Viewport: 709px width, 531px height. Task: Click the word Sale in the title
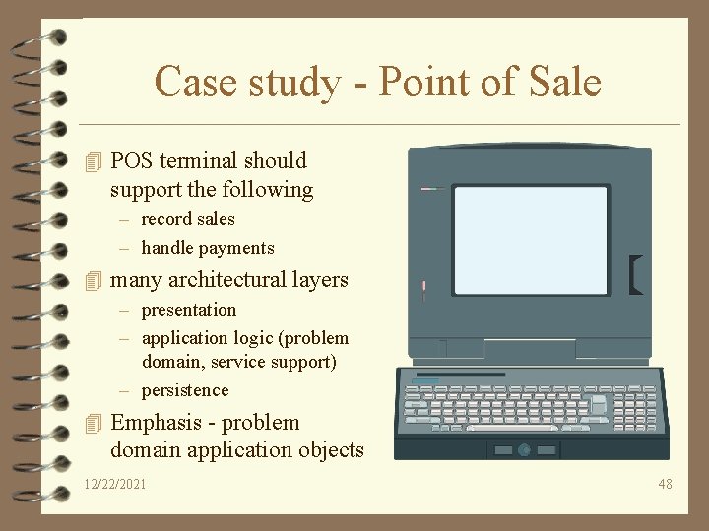coord(563,82)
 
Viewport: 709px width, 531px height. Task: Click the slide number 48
coord(665,484)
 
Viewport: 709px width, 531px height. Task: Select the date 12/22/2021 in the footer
coord(115,484)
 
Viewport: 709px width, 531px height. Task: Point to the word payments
coord(235,248)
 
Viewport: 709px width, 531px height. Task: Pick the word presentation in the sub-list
coord(189,310)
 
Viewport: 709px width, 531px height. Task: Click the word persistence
coord(185,390)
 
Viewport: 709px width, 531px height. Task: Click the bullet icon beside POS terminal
coord(94,161)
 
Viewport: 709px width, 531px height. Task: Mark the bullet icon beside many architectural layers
coord(94,281)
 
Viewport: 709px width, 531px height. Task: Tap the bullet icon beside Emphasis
coord(94,424)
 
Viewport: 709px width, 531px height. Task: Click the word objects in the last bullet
coord(333,450)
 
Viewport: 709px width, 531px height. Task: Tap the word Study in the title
coord(287,82)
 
